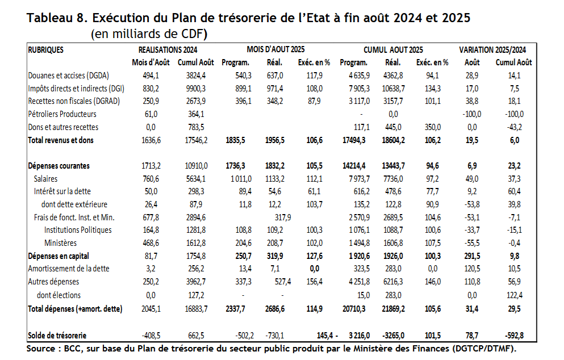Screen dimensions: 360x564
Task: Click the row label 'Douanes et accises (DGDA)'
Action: [x=68, y=76]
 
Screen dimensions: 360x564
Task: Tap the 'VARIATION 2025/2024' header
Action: [x=492, y=50]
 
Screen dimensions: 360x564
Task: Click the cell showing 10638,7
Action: [x=395, y=89]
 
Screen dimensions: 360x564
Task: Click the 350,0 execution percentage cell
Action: [x=436, y=127]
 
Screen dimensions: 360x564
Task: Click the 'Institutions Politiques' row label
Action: [x=78, y=230]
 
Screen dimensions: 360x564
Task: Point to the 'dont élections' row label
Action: [x=59, y=295]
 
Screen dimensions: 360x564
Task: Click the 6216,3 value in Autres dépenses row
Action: [x=395, y=282]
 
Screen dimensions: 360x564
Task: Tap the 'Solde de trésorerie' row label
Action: [x=58, y=336]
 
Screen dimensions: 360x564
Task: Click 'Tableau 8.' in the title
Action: [x=56, y=18]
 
